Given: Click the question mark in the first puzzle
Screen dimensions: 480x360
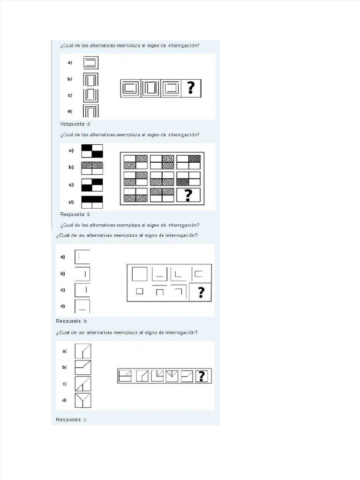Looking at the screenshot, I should tap(191, 88).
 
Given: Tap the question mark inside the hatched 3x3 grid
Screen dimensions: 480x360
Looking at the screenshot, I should tap(188, 195).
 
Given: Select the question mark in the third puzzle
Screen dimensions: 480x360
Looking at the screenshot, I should tap(201, 292).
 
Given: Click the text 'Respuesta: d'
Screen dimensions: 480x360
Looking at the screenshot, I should tap(75, 124).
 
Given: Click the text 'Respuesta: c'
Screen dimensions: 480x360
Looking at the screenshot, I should tap(71, 420).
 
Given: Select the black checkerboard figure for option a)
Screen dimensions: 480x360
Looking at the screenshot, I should tap(92, 151).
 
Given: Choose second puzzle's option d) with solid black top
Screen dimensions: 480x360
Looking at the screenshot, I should tap(92, 202).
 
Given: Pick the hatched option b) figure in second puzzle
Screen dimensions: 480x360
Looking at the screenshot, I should tap(92, 168).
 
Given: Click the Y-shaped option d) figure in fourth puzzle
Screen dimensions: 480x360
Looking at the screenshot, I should tap(83, 400).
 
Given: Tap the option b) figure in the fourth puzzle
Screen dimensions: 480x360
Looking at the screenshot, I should tap(83, 367).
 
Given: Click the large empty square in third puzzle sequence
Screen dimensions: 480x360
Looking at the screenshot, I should tap(139, 273).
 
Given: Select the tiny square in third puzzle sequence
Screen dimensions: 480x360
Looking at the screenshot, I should tap(139, 291).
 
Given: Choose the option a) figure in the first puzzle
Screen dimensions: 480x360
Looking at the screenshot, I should tap(90, 62).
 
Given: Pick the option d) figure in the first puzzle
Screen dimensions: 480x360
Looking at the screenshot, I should tap(90, 111).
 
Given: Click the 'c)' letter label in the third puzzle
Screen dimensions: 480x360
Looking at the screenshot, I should tap(62, 290).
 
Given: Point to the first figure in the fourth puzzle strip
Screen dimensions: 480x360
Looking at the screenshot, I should tap(125, 376).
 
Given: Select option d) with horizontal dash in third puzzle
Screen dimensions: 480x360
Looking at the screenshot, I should tap(82, 307).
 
